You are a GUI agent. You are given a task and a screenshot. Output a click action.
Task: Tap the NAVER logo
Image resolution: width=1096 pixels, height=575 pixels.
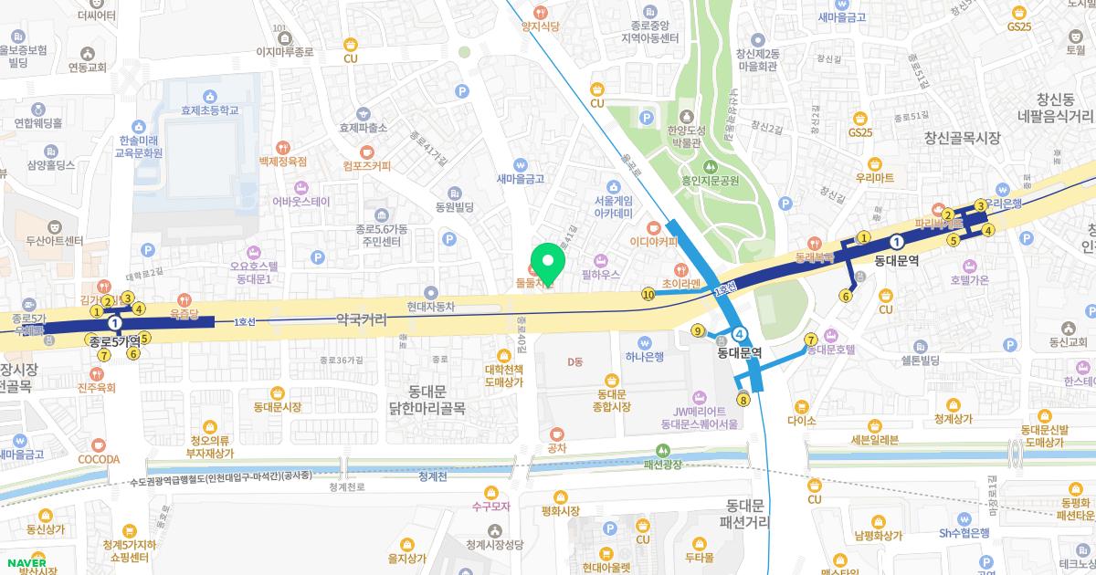pyautogui.click(x=26, y=563)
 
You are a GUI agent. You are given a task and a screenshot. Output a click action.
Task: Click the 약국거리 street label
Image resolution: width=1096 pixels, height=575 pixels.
pyautogui.click(x=362, y=320)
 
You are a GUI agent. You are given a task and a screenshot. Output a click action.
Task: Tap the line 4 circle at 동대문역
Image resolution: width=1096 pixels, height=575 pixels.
pyautogui.click(x=740, y=334)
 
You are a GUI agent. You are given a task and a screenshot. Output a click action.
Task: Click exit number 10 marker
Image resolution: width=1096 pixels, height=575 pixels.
pyautogui.click(x=648, y=294)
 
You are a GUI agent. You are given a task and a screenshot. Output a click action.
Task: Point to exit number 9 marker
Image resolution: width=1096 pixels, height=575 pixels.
pyautogui.click(x=699, y=330)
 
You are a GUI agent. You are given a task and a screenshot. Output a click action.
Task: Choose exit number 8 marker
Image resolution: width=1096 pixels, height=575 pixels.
pyautogui.click(x=744, y=399)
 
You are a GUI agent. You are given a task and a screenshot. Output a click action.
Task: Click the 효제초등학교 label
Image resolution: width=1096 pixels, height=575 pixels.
pyautogui.click(x=210, y=110)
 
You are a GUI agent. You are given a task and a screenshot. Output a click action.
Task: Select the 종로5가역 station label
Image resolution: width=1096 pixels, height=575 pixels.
pyautogui.click(x=114, y=340)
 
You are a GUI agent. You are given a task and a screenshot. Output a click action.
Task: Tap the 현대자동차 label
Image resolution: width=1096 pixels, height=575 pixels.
pyautogui.click(x=431, y=308)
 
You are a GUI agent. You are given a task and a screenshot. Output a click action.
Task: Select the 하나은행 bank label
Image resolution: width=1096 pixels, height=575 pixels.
pyautogui.click(x=645, y=356)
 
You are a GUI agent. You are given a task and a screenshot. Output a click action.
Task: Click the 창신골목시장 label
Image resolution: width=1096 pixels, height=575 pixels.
pyautogui.click(x=963, y=138)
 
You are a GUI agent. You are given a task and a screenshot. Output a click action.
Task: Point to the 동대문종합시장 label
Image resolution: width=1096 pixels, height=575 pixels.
pyautogui.click(x=612, y=400)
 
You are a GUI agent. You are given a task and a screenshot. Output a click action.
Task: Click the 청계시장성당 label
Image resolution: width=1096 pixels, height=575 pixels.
pyautogui.click(x=494, y=544)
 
